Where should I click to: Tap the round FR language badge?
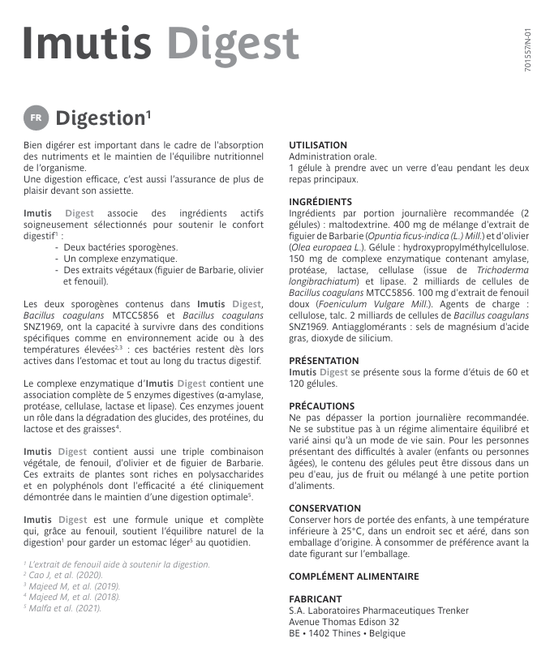tap(35, 118)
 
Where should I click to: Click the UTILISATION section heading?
tap(318, 145)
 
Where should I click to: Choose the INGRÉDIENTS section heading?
tap(320, 202)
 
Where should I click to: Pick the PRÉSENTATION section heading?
tap(324, 361)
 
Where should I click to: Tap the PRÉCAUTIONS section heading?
tap(321, 406)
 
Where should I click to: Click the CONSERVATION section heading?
tap(325, 508)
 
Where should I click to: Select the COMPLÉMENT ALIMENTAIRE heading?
tap(354, 576)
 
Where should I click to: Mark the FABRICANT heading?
tap(316, 599)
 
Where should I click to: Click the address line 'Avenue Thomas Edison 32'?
tap(344, 622)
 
